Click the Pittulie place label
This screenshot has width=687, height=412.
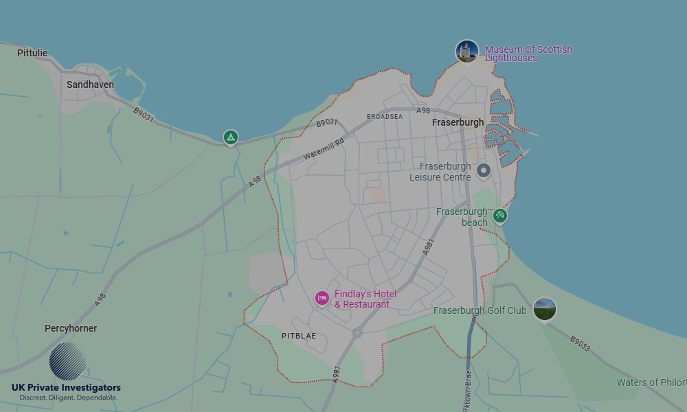(x=32, y=53)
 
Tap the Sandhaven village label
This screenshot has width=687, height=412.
(x=90, y=84)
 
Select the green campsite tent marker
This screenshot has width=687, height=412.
(x=231, y=138)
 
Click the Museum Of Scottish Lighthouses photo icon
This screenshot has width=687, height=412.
(x=466, y=51)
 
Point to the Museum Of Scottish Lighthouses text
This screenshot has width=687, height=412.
(x=528, y=54)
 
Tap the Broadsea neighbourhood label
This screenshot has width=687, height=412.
(x=385, y=117)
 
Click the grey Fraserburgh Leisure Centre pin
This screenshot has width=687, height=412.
(x=484, y=171)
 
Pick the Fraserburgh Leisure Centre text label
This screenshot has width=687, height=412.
(x=440, y=172)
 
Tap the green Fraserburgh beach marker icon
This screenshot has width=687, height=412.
(x=500, y=216)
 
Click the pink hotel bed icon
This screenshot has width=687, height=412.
(x=322, y=298)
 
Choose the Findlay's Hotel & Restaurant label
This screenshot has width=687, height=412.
(x=365, y=299)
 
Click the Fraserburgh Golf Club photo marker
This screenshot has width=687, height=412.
(x=544, y=309)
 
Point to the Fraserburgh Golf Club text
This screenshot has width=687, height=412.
(x=480, y=311)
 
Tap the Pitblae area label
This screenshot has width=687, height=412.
(x=299, y=336)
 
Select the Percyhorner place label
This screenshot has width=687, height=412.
(x=71, y=328)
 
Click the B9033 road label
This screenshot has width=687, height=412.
(x=580, y=343)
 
